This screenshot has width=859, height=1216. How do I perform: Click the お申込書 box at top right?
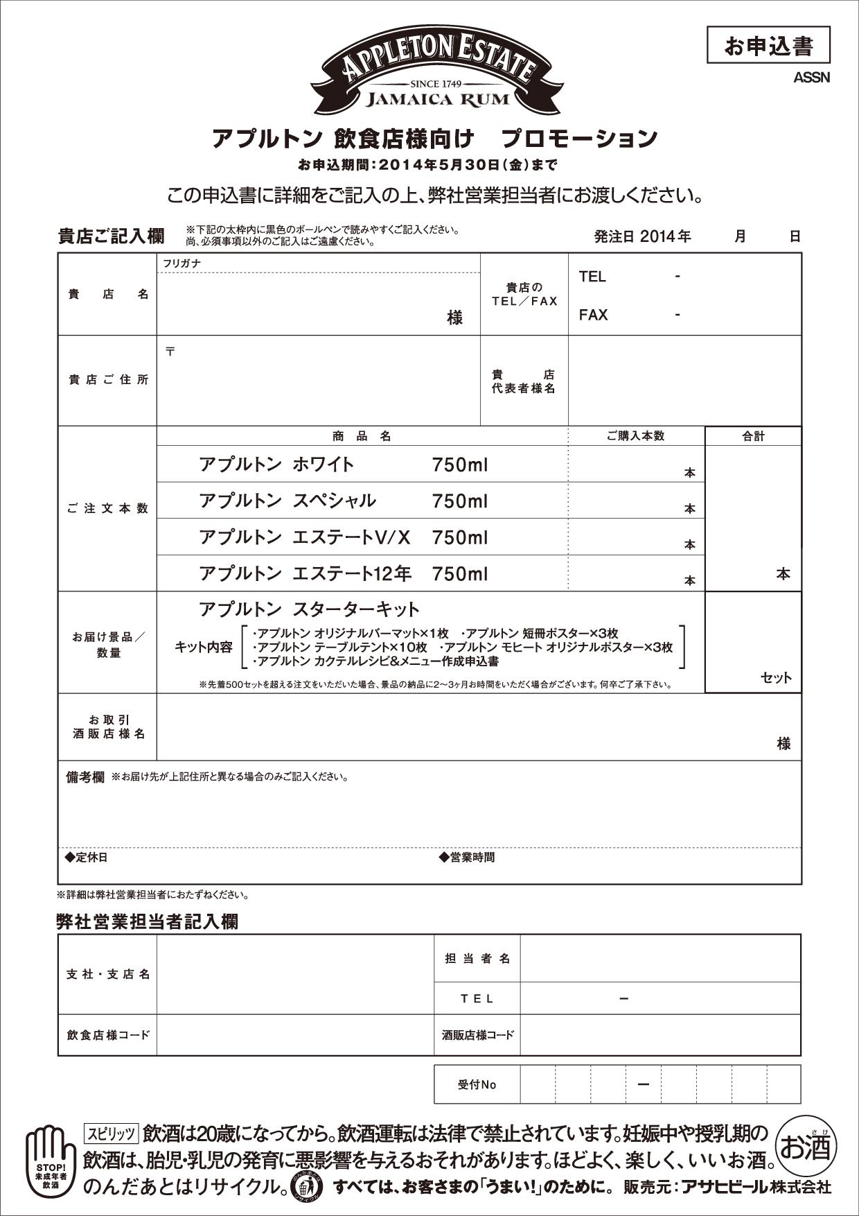768,46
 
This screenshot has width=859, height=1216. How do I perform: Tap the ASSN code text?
811,78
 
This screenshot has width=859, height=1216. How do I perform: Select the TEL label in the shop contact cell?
592,277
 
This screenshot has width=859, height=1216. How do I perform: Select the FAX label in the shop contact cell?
593,315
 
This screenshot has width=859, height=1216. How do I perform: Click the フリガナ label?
182,263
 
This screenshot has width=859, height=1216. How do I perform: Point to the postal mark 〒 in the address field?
170,351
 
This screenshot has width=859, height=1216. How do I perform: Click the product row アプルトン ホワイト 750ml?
343,464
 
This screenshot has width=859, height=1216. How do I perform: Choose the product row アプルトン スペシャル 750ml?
343,501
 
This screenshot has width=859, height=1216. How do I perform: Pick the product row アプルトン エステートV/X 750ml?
343,537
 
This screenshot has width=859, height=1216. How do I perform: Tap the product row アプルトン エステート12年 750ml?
343,573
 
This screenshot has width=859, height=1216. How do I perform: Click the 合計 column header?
753,436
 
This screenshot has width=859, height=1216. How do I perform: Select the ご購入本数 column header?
635,436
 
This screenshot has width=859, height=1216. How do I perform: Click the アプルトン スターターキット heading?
309,609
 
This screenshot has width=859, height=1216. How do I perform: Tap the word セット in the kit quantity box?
775,677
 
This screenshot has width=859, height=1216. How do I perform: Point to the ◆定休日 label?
87,858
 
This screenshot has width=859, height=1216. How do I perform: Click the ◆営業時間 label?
467,858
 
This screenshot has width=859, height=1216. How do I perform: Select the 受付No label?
477,1084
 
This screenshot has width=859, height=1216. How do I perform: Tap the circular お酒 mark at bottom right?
805,1148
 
